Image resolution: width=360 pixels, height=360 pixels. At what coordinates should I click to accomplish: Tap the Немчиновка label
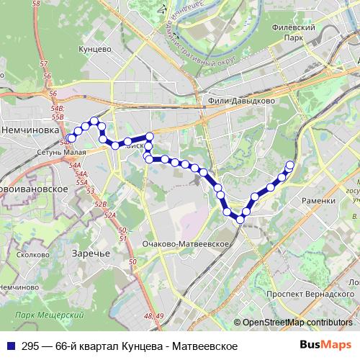click(30, 130)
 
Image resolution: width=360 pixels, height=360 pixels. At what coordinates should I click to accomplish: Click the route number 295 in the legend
click(27, 345)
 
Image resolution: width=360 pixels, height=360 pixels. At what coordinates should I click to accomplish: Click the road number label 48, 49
click(154, 316)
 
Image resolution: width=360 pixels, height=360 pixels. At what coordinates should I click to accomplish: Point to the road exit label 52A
click(109, 215)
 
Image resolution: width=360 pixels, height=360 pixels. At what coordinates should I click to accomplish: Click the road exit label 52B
click(100, 204)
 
